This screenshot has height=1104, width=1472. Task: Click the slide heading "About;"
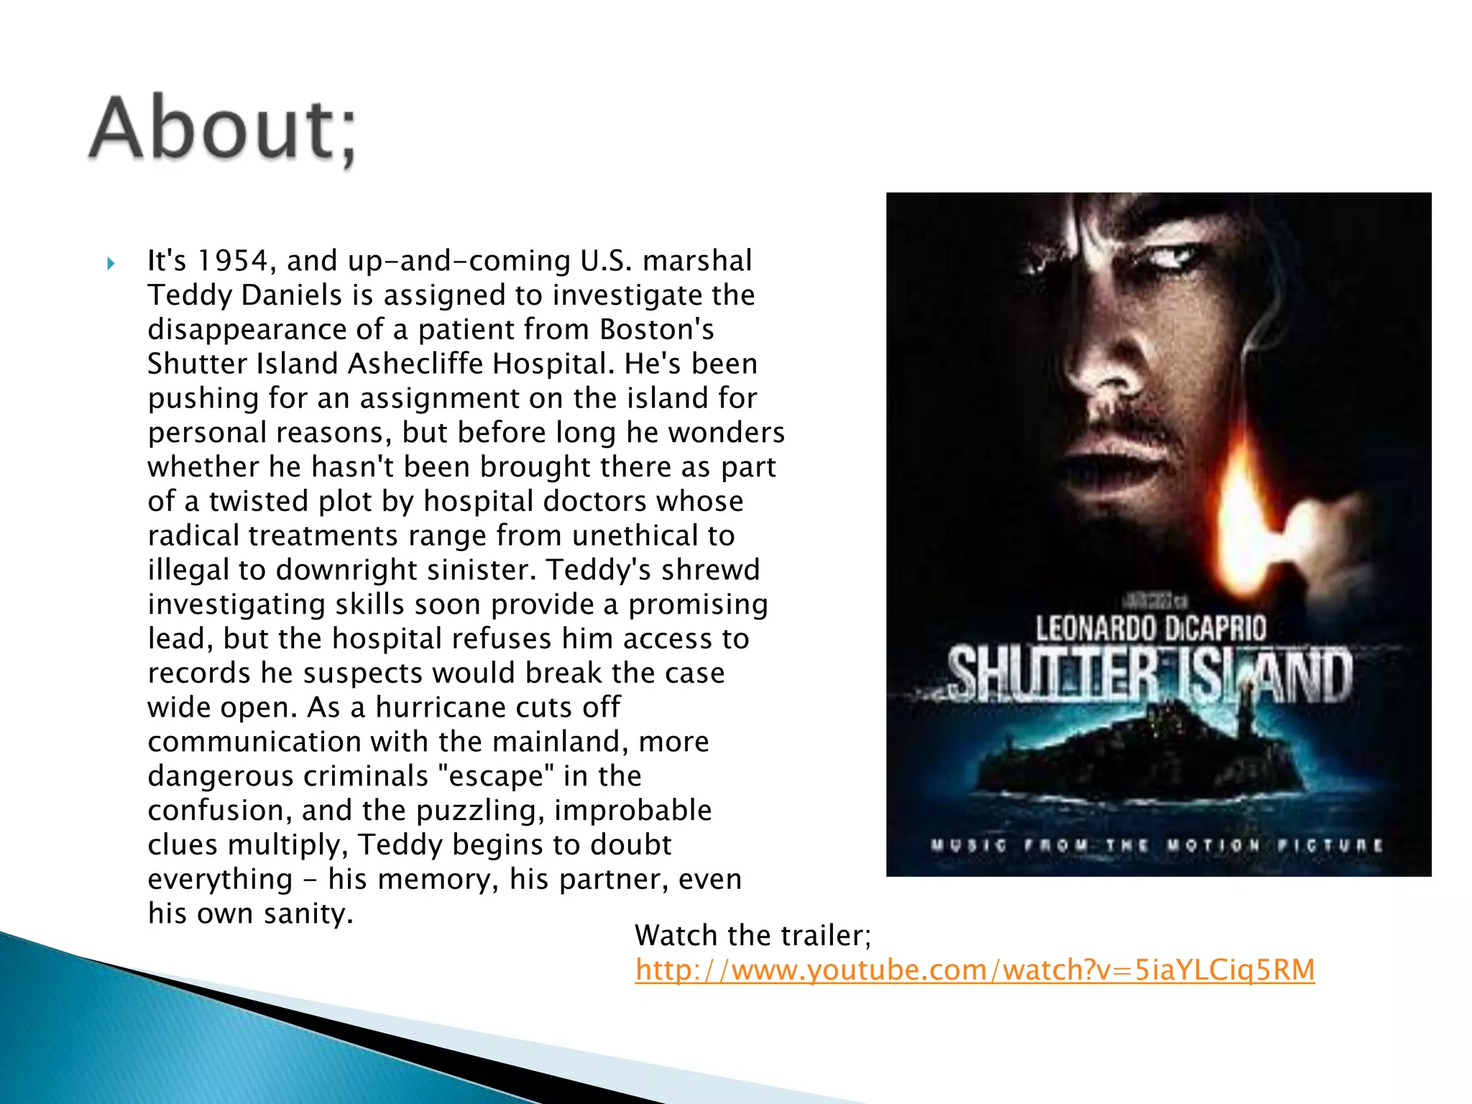223,130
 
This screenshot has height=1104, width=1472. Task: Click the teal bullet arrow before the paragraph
111,263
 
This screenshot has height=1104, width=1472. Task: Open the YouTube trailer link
975,970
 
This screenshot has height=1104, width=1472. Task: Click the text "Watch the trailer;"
753,935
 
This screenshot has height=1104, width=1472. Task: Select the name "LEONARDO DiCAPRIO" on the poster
1150,628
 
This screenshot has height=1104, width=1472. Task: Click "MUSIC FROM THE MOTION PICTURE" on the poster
1156,845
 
